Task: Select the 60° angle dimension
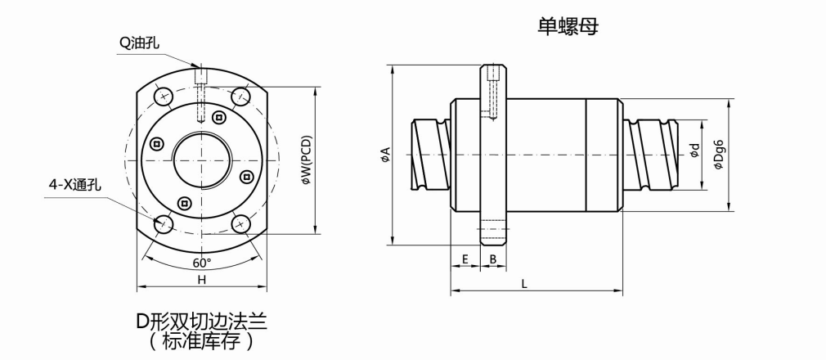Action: point(201,263)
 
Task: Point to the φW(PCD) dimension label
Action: point(306,160)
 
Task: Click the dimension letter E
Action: point(465,259)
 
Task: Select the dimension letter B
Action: point(492,259)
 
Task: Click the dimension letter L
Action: point(524,283)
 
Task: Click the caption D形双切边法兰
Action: point(201,320)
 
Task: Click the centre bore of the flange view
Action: point(202,160)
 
